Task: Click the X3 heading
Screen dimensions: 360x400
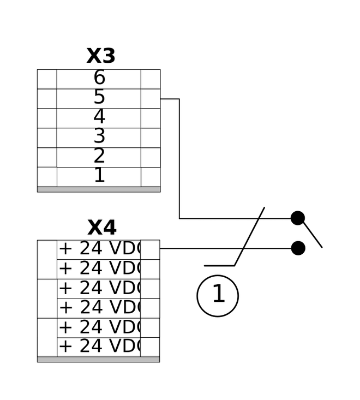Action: [101, 56]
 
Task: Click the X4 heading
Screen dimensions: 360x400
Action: [102, 228]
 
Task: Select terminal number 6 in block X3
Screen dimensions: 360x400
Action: [99, 77]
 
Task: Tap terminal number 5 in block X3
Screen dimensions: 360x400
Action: [99, 97]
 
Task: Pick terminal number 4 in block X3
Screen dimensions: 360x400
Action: [99, 116]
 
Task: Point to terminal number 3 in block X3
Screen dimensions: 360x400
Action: [99, 136]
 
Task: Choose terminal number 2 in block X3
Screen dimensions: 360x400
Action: [99, 156]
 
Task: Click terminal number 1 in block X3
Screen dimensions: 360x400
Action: [100, 175]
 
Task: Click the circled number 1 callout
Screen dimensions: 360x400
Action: [218, 296]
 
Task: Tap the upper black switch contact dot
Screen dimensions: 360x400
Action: [298, 218]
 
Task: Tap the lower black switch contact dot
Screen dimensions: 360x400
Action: [298, 248]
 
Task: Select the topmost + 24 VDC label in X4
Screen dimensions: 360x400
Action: [100, 248]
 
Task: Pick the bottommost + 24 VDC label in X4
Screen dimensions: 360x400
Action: [100, 346]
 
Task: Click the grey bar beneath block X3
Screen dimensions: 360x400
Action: [99, 189]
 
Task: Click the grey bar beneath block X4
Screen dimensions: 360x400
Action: [98, 360]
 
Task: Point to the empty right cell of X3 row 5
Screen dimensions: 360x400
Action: [151, 99]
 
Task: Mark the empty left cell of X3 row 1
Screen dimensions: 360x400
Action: [47, 177]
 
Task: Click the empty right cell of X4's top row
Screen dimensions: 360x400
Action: [150, 250]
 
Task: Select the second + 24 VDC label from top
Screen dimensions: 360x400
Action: [100, 268]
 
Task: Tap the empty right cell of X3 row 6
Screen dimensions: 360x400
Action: [151, 79]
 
